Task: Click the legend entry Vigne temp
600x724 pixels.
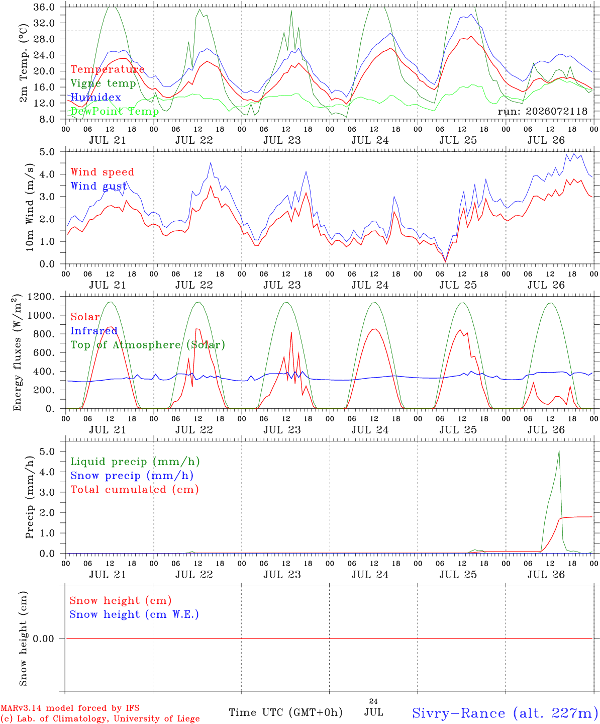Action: click(104, 83)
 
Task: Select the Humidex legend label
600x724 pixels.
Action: click(95, 97)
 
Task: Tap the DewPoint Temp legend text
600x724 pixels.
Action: click(115, 111)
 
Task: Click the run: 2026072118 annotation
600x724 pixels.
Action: click(542, 111)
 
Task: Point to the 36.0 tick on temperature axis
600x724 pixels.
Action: click(44, 7)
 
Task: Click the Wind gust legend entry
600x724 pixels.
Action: click(99, 187)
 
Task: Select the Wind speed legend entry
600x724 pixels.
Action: click(102, 172)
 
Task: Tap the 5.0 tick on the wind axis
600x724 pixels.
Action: click(47, 152)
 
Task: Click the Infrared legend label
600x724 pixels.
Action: click(94, 331)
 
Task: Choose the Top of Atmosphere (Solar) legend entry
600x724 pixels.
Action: click(148, 345)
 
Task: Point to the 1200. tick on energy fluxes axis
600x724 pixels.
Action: click(41, 297)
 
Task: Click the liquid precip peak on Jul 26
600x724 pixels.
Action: click(559, 451)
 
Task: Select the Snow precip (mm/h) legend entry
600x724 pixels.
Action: click(132, 476)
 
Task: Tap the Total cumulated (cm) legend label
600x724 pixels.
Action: click(135, 490)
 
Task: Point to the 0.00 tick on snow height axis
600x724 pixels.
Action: click(44, 639)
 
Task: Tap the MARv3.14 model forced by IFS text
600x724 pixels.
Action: click(70, 708)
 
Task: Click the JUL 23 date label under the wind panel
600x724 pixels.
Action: click(282, 285)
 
